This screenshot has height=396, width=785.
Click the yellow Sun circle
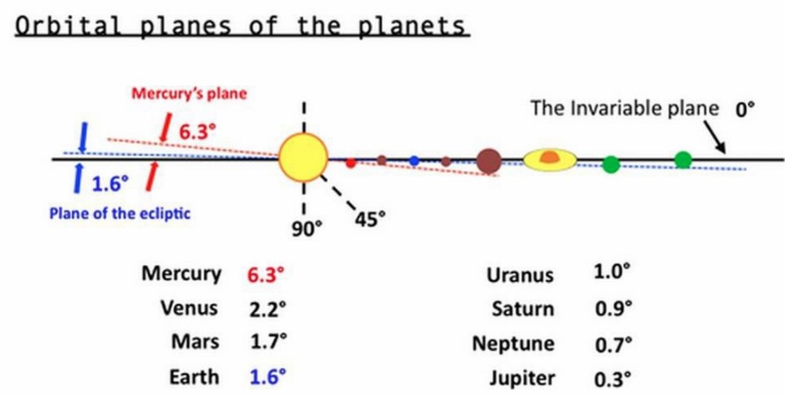click(x=303, y=158)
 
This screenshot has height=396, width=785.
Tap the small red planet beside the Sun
click(x=351, y=162)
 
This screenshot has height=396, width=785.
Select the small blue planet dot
click(x=414, y=161)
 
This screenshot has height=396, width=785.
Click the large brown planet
click(x=489, y=161)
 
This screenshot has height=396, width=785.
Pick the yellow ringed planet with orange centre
click(x=550, y=160)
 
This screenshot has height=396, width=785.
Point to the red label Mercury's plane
click(x=189, y=94)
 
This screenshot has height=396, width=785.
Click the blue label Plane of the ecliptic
click(x=119, y=214)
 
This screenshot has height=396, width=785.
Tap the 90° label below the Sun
click(x=306, y=228)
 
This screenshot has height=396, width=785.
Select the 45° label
click(x=371, y=218)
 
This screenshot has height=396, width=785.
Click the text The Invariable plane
click(x=624, y=108)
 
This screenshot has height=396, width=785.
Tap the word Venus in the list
click(x=189, y=308)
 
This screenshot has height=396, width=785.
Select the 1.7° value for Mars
click(x=268, y=343)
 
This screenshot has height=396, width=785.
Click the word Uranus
click(x=519, y=275)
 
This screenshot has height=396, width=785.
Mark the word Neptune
click(x=513, y=344)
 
